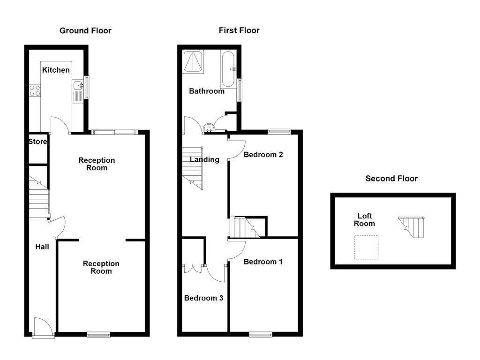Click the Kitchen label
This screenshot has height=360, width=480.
click(56, 70)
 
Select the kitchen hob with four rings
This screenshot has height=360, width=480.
click(34, 90)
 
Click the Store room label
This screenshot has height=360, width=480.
click(37, 142)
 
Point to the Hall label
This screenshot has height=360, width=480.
click(42, 247)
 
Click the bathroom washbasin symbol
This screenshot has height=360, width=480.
click(209, 127)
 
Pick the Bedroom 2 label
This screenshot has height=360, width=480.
click(263, 155)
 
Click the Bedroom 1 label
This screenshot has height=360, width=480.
click(263, 262)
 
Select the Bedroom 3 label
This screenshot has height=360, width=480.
click(203, 298)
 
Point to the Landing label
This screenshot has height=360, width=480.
click(204, 159)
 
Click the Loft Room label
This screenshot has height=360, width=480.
click(365, 220)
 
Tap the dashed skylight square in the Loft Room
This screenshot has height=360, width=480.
click(366, 247)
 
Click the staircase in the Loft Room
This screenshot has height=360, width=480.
click(412, 227)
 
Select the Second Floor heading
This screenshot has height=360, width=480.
click(391, 178)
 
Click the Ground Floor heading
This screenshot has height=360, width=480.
click(85, 30)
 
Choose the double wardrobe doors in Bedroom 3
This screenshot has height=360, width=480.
click(193, 269)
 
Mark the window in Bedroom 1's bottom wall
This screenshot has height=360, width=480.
click(261, 334)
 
